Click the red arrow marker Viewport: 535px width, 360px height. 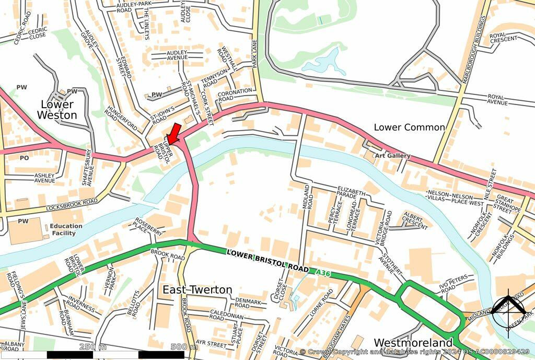[175, 133]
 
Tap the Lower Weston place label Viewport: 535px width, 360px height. [57, 110]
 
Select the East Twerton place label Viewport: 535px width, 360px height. [197, 289]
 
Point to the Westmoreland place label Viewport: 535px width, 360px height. [413, 342]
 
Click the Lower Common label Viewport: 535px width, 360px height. [409, 127]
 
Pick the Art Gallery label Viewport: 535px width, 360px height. [392, 156]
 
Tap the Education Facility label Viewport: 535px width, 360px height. [66, 230]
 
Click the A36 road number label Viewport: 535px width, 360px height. [323, 272]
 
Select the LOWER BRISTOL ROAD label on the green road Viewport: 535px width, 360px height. [267, 260]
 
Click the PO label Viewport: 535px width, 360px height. [24, 157]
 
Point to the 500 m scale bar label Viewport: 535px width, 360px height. [181, 347]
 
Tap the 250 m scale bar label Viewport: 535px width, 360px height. [92, 347]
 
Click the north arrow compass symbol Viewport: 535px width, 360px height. [508, 312]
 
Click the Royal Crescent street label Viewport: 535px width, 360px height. [503, 38]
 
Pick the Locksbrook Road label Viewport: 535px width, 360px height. [72, 204]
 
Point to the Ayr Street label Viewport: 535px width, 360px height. [211, 343]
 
